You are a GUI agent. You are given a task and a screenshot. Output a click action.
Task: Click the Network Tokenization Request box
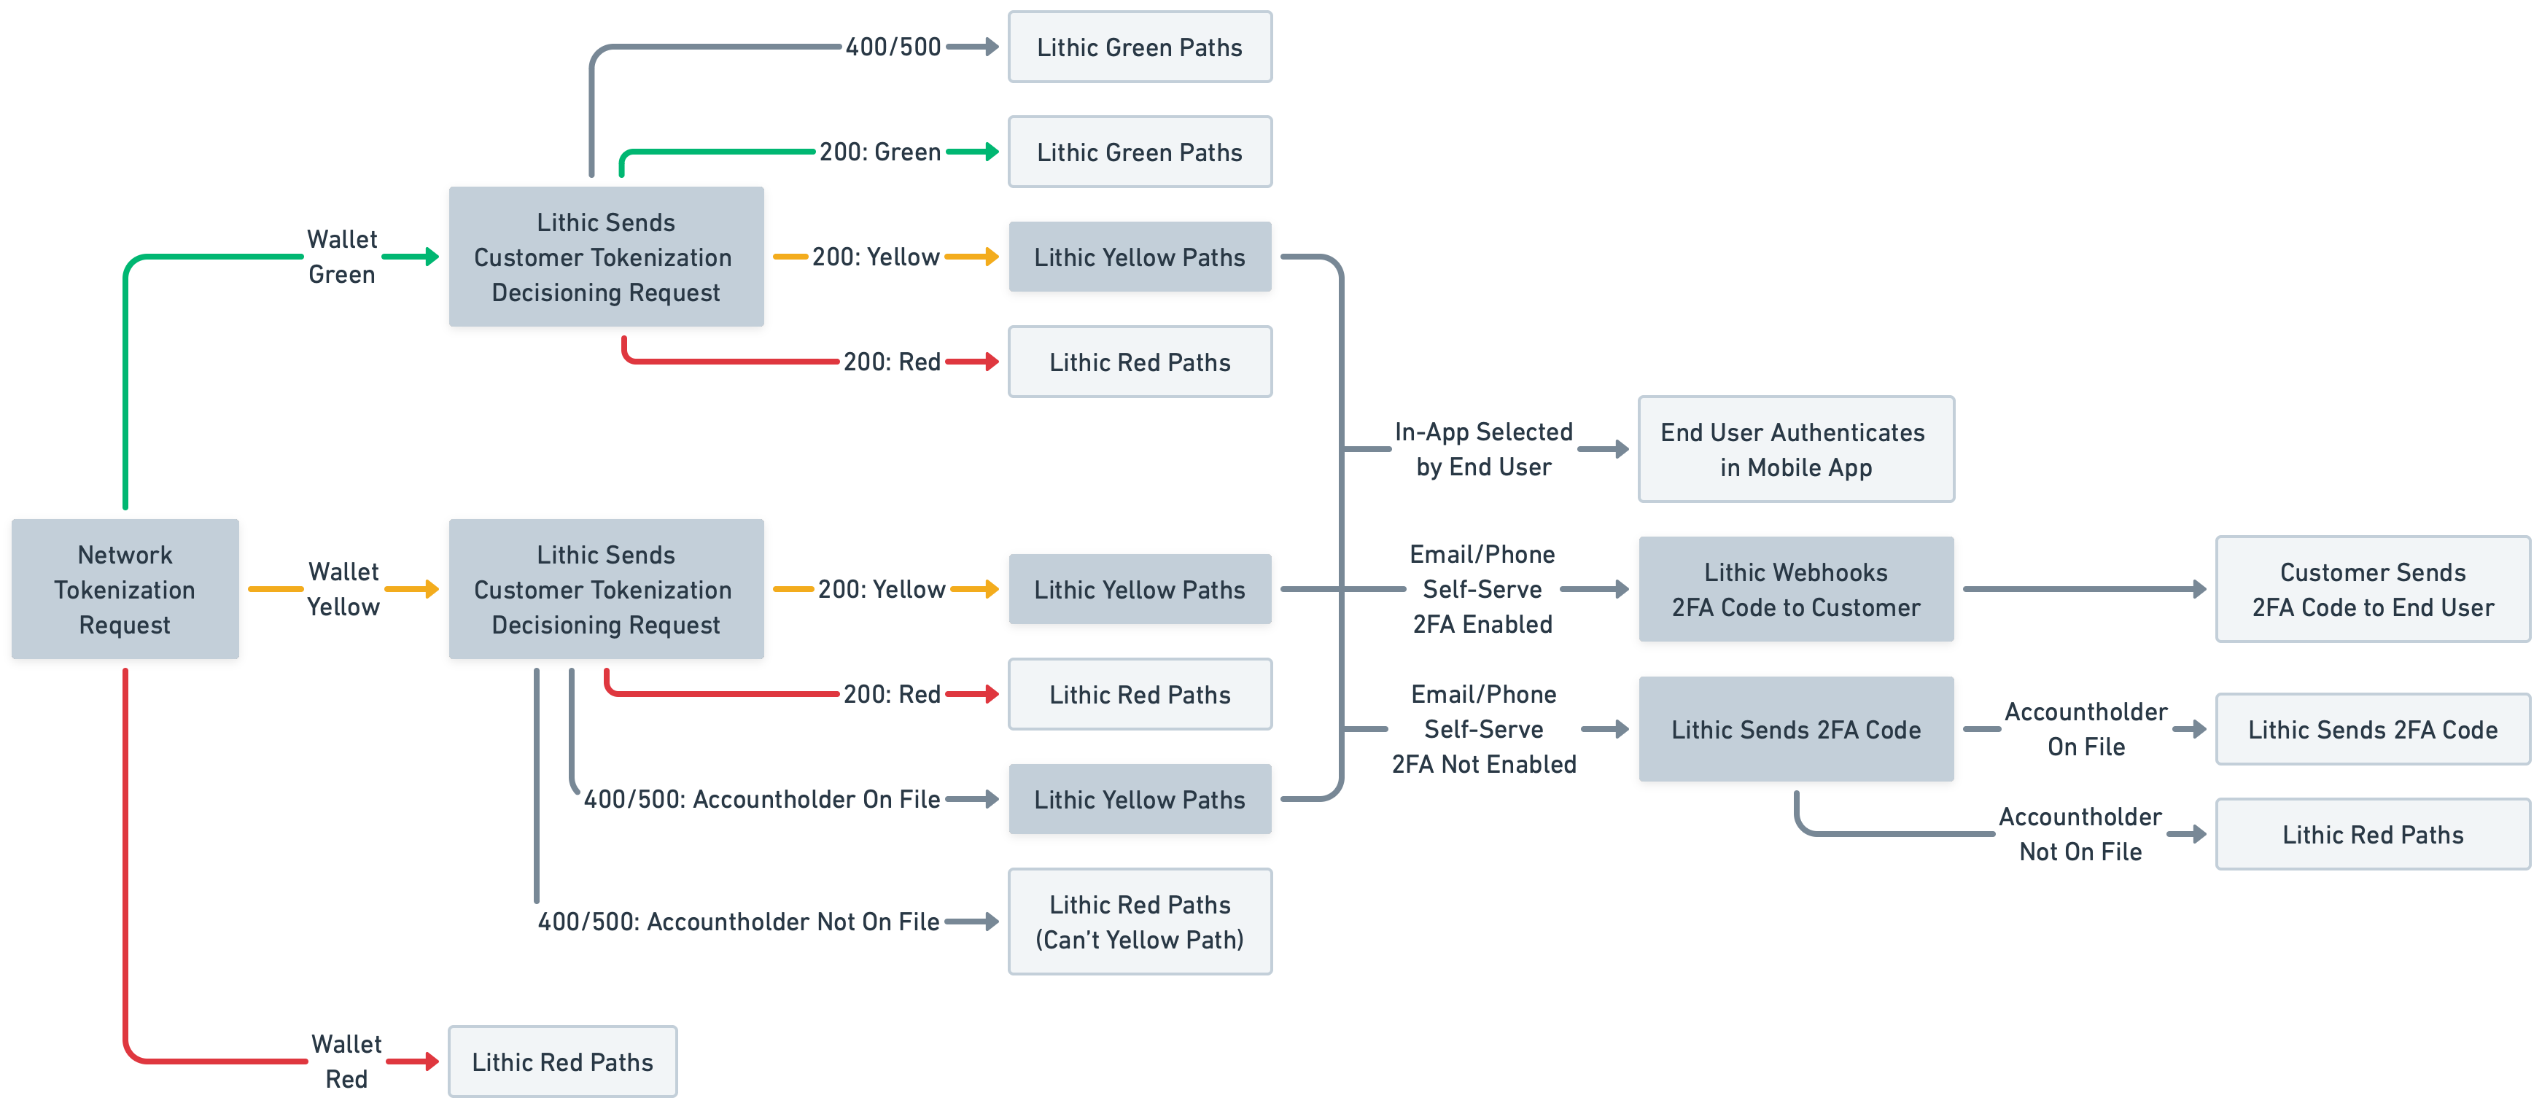pos(125,589)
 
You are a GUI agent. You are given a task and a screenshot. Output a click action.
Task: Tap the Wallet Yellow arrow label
pos(343,589)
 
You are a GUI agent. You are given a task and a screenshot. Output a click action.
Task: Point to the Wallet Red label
pos(346,1061)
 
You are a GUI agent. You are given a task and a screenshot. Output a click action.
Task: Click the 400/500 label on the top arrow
pos(893,47)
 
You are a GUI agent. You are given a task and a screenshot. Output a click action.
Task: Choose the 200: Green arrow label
pos(879,152)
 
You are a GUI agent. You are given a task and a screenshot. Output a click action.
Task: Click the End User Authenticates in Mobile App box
pos(1795,449)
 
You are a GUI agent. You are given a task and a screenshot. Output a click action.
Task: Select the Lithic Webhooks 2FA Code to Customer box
pos(1795,589)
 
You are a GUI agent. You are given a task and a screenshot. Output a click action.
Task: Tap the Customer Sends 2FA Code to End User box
pos(2371,589)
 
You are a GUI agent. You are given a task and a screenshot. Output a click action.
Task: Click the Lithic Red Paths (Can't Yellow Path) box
pos(1139,922)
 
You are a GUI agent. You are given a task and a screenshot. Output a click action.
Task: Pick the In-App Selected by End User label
pos(1483,449)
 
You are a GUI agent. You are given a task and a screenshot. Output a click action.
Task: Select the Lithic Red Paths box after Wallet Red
pos(562,1062)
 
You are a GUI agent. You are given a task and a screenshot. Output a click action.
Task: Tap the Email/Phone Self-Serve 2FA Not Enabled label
pos(1483,729)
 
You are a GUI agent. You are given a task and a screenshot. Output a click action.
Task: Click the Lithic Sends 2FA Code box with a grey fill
pos(1795,729)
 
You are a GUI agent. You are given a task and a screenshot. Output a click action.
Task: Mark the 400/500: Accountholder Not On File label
pos(738,922)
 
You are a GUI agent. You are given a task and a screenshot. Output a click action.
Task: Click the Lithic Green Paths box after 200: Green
pos(1139,152)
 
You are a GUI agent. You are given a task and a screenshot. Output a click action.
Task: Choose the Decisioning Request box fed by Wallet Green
pos(606,257)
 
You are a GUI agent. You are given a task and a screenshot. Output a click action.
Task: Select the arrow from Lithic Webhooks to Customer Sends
pos(2082,589)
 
